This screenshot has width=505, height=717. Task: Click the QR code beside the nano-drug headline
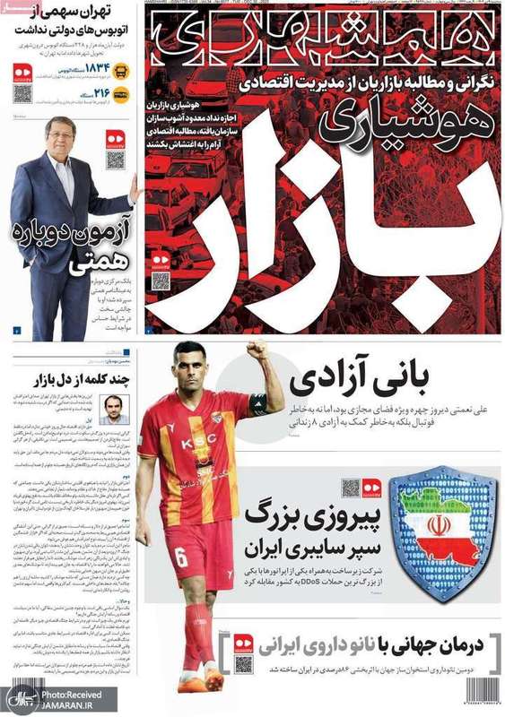[243, 663]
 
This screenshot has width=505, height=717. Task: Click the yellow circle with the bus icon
[122, 70]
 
